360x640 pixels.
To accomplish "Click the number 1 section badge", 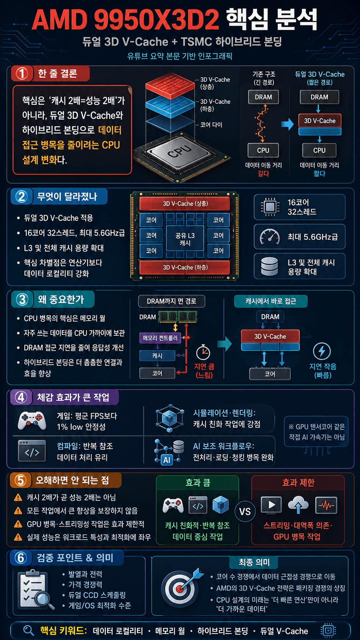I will [22, 73].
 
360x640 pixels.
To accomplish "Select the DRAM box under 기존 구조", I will [263, 97].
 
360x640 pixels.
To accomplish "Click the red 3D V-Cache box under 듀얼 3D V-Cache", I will [319, 121].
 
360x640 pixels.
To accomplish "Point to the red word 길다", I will [263, 174].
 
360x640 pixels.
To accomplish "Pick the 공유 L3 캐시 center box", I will [185, 239].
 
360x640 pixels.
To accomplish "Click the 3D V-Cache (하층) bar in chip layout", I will [185, 267].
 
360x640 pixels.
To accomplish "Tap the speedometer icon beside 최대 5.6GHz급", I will [269, 237].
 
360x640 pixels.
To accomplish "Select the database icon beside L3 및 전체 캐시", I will [269, 266].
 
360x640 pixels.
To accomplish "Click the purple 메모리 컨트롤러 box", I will [160, 338].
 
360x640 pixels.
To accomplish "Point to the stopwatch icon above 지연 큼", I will [203, 352].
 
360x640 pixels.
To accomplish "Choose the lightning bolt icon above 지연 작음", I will [322, 351].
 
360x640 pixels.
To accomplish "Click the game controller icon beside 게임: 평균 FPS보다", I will [32, 420].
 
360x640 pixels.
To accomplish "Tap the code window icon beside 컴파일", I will [32, 451].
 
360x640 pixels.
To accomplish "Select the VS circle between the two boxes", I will [245, 511].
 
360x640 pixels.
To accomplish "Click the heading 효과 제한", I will [298, 483].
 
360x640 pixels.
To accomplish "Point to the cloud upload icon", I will [298, 505].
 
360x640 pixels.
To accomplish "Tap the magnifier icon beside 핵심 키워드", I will [28, 630].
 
